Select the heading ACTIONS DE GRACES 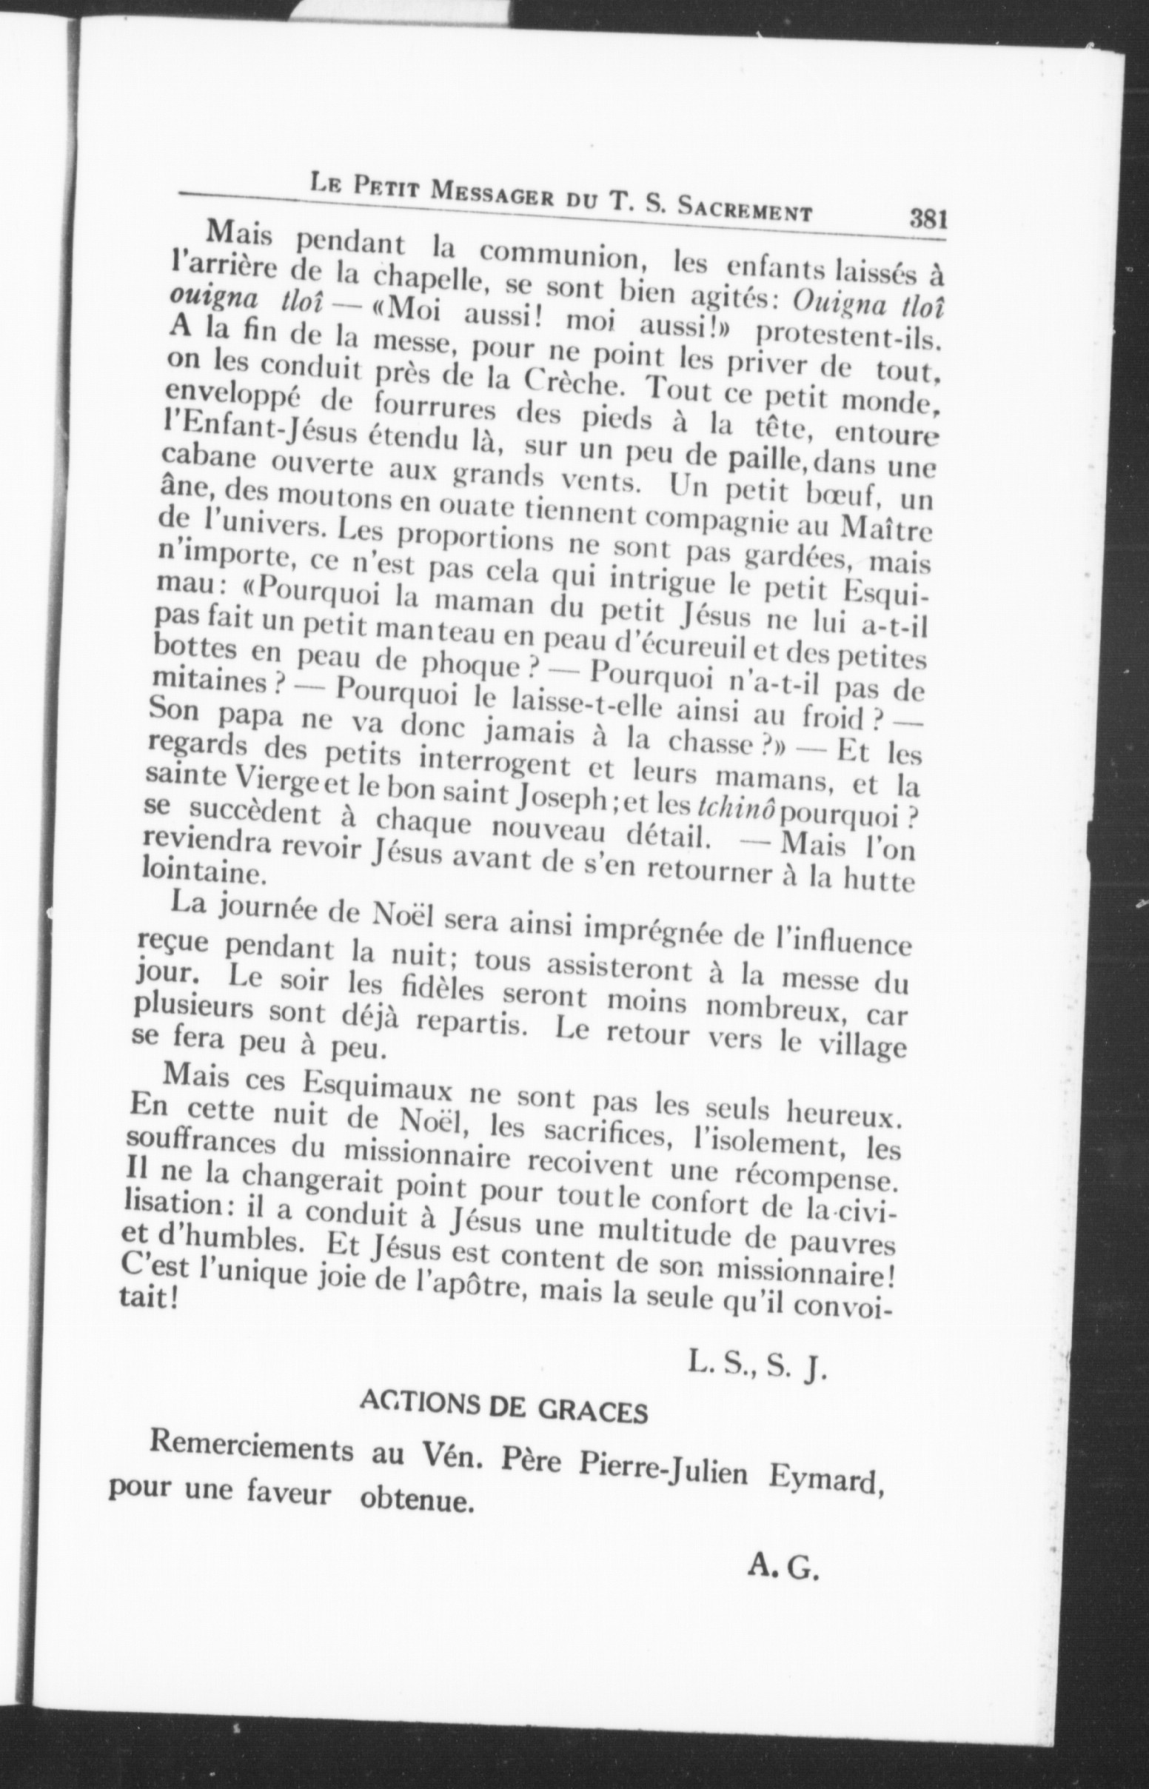(503, 1413)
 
